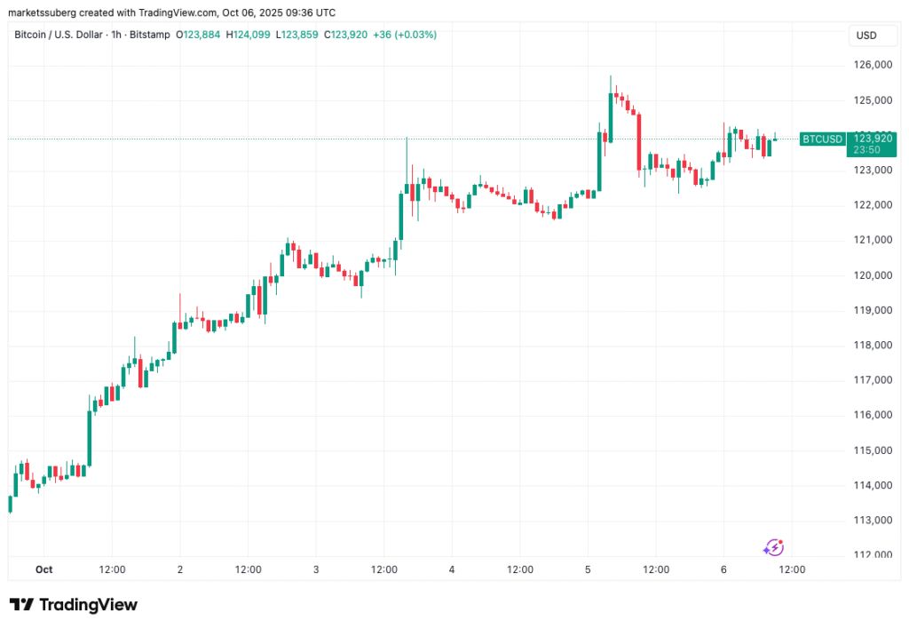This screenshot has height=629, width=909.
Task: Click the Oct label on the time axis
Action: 44,569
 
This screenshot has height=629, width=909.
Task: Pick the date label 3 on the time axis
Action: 316,569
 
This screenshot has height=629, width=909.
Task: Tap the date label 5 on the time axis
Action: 588,569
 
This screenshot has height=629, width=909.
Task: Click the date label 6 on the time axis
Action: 723,569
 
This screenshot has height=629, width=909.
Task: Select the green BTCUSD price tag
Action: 821,139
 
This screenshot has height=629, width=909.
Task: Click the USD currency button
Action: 866,36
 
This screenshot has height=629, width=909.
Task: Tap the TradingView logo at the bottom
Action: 74,605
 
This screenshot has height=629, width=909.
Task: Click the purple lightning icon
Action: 773,547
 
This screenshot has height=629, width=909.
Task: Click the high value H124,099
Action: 249,35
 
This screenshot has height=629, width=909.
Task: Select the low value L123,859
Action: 298,35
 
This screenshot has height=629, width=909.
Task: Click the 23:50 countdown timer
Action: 867,149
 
